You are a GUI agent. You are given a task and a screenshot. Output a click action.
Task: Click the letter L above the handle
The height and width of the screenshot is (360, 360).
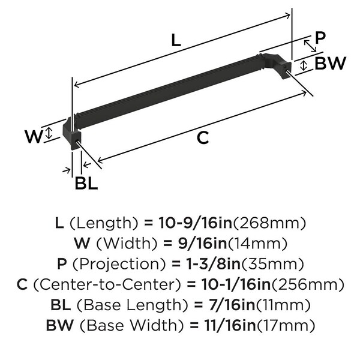click(x=176, y=40)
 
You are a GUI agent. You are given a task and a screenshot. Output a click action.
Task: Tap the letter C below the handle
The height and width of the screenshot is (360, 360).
click(x=203, y=137)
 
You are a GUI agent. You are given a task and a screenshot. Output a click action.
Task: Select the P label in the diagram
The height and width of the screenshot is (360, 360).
click(x=320, y=38)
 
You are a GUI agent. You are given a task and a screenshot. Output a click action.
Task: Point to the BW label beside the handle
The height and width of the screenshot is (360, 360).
click(x=330, y=63)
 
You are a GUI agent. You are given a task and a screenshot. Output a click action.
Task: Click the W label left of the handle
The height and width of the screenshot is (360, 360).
click(x=34, y=136)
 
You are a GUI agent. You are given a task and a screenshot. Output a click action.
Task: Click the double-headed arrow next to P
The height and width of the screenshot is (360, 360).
click(x=310, y=46)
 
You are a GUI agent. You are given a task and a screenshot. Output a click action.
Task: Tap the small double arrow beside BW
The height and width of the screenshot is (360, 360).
click(x=304, y=65)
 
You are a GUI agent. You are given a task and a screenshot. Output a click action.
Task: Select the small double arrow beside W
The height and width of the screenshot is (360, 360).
click(x=49, y=133)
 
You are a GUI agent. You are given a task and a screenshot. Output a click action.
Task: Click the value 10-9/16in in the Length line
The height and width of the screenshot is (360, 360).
click(x=196, y=223)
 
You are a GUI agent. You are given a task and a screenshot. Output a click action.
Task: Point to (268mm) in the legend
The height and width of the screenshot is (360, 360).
click(x=269, y=223)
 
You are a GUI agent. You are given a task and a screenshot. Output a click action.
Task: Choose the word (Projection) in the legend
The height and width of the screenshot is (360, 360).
click(x=119, y=264)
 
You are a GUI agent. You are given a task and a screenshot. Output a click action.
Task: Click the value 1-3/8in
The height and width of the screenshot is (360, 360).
click(x=212, y=264)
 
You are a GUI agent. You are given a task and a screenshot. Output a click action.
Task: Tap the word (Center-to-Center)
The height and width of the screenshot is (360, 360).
click(x=107, y=284)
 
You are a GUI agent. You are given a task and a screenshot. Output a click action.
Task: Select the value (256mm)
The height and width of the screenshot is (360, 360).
click(x=308, y=284)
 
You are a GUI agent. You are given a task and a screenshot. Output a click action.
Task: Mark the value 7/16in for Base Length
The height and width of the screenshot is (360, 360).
click(x=232, y=305)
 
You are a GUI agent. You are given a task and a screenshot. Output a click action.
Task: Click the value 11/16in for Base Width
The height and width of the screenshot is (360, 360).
click(x=230, y=325)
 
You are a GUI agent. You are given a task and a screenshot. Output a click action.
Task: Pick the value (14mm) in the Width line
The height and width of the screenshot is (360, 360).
click(x=257, y=244)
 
